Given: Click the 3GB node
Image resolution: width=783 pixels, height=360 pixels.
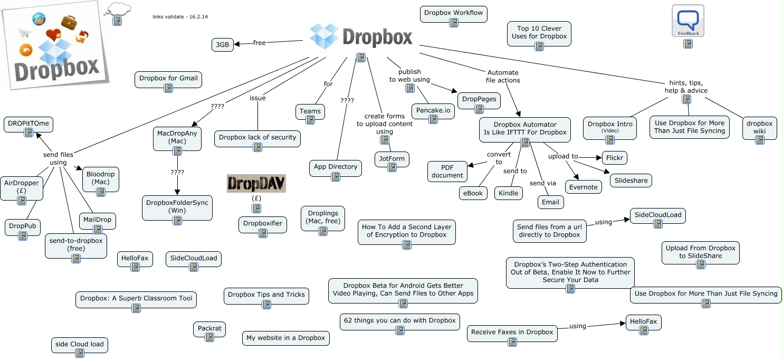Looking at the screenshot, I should pyautogui.click(x=223, y=45).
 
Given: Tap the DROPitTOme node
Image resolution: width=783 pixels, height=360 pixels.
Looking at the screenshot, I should pyautogui.click(x=28, y=124).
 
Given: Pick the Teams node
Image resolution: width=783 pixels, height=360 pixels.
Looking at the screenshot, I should pyautogui.click(x=310, y=111).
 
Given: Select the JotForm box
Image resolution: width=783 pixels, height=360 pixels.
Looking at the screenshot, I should pyautogui.click(x=391, y=159).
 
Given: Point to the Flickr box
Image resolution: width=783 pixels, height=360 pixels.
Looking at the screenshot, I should pyautogui.click(x=615, y=157).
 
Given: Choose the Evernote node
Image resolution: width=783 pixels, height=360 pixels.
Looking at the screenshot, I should pyautogui.click(x=584, y=187).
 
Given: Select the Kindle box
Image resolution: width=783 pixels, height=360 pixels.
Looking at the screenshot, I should pyautogui.click(x=509, y=193).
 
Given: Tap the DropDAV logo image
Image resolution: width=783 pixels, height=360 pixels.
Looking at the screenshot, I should pyautogui.click(x=256, y=183).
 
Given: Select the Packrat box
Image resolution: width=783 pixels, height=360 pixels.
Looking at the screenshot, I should pyautogui.click(x=210, y=329).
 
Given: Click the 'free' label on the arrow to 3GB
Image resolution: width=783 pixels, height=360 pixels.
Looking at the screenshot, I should pyautogui.click(x=259, y=43).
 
